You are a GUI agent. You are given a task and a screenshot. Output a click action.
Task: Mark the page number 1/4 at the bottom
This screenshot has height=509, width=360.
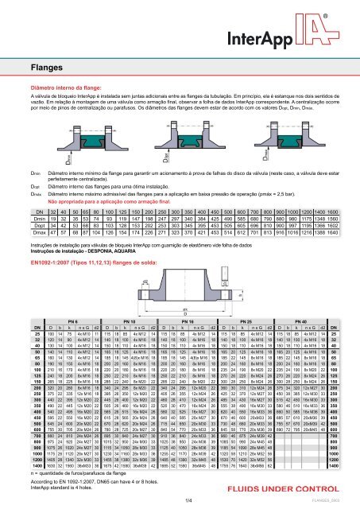[180, 499]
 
